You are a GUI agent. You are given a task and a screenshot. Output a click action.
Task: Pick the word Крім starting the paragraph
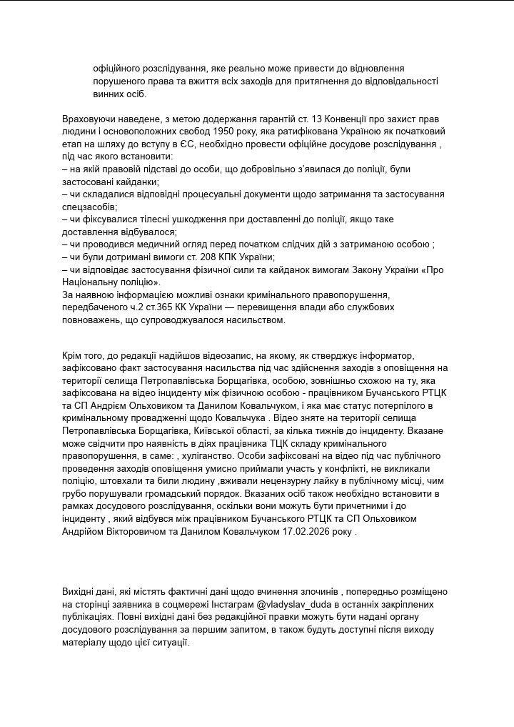coord(74,356)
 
